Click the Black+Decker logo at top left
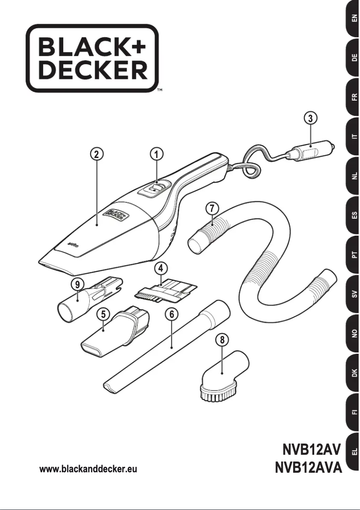click(x=92, y=58)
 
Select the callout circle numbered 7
click(x=212, y=208)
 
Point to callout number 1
click(x=156, y=154)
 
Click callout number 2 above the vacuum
click(x=96, y=154)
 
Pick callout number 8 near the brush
click(x=220, y=339)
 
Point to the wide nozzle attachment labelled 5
click(x=112, y=332)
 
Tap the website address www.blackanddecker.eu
click(x=88, y=470)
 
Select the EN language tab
click(x=354, y=19)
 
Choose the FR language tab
click(x=354, y=97)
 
